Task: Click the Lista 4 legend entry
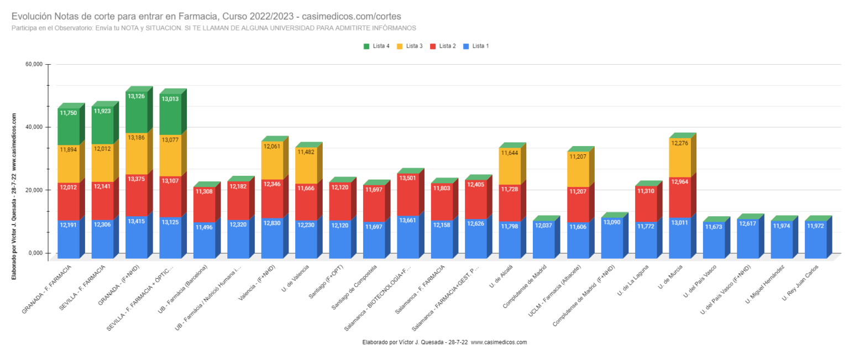click(376, 46)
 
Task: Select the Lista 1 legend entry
click(476, 46)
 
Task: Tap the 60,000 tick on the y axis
click(34, 64)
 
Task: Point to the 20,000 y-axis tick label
click(34, 190)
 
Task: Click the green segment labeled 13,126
click(137, 112)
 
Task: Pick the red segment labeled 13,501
click(408, 195)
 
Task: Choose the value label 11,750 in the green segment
click(68, 113)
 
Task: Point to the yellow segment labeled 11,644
click(510, 166)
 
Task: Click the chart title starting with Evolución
click(206, 16)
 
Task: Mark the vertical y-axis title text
click(14, 196)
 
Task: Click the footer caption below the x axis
click(444, 342)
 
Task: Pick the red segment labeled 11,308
click(205, 205)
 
